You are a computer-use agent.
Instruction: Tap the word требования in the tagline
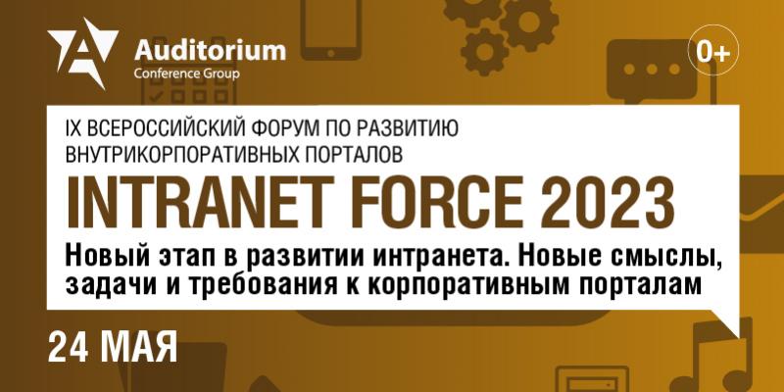(272, 284)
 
